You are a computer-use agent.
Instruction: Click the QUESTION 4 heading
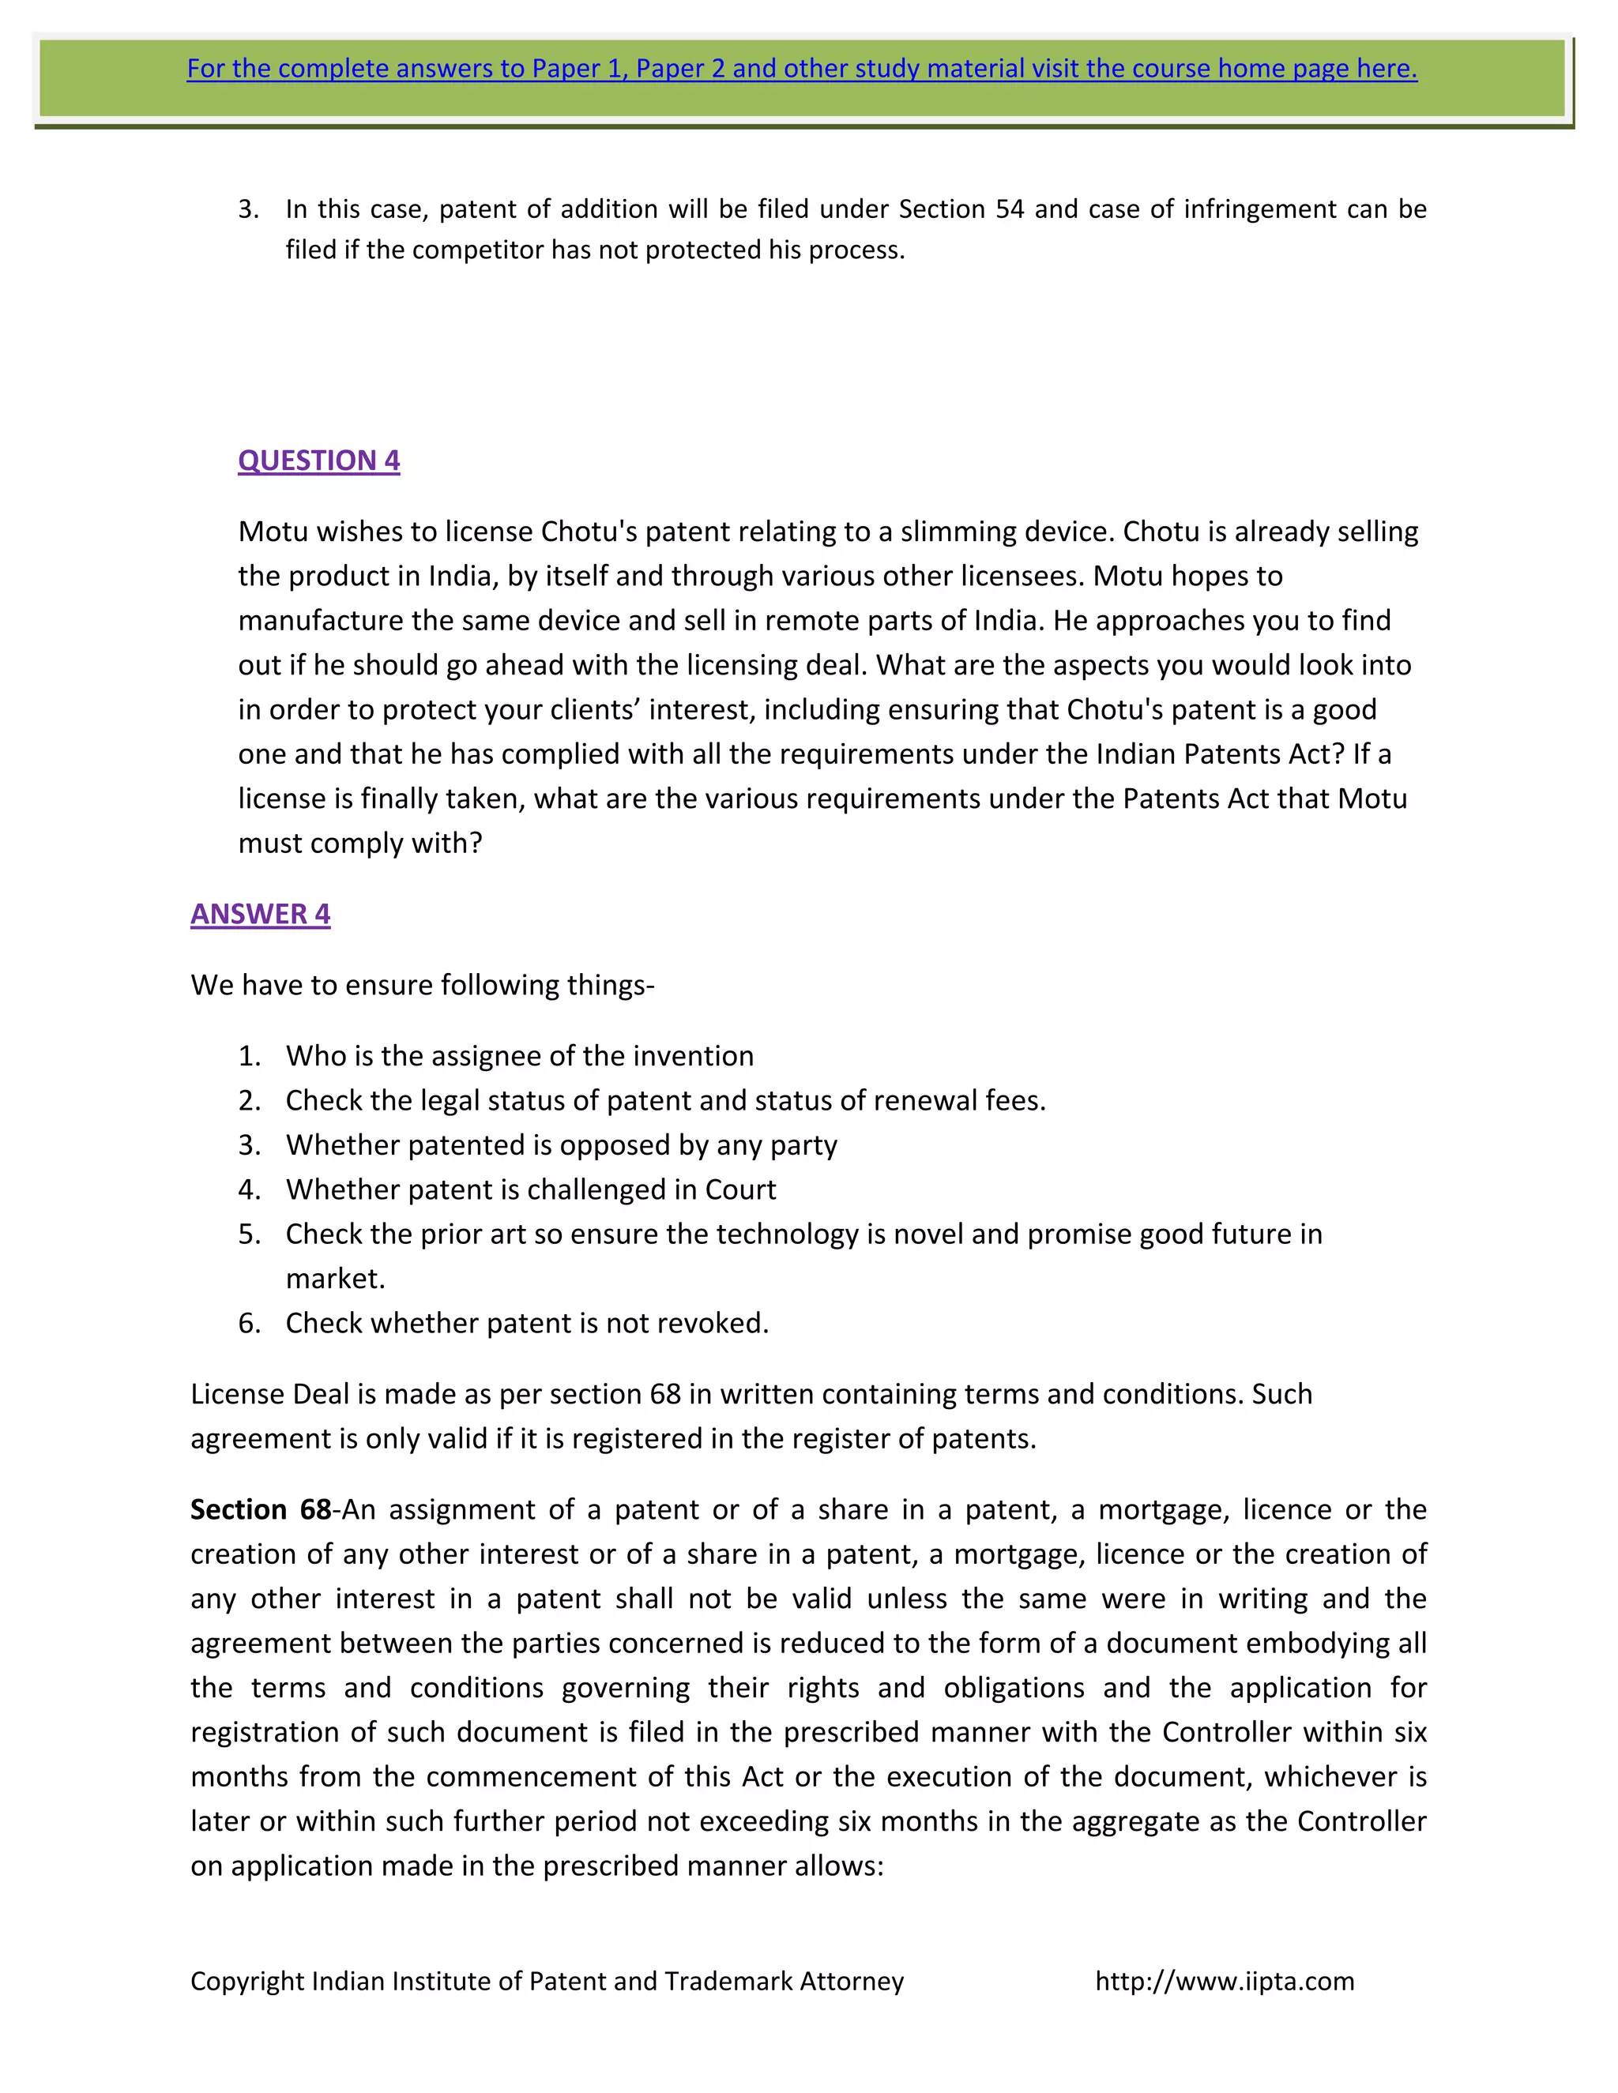pyautogui.click(x=318, y=461)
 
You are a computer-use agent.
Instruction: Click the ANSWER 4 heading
pyautogui.click(x=260, y=915)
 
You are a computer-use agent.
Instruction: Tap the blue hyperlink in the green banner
pyautogui.click(x=801, y=69)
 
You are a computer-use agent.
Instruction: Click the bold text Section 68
pyautogui.click(x=261, y=1509)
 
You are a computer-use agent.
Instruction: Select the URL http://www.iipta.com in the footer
pyautogui.click(x=1224, y=1981)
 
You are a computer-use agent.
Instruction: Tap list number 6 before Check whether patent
pyautogui.click(x=249, y=1324)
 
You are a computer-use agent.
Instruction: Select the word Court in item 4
pyautogui.click(x=740, y=1190)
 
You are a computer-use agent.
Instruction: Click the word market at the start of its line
pyautogui.click(x=333, y=1279)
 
